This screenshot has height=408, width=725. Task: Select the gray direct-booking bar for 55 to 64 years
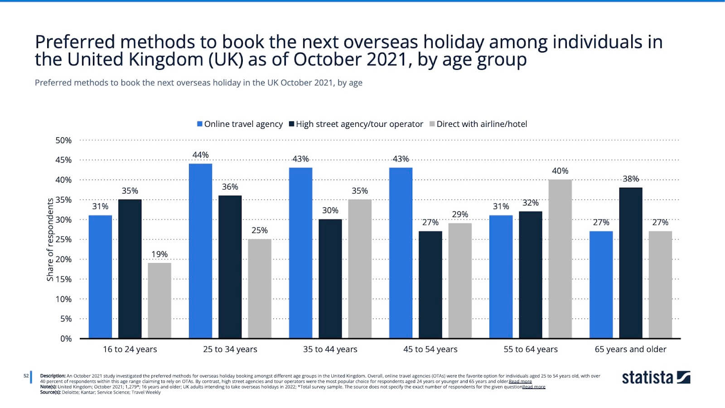(560, 259)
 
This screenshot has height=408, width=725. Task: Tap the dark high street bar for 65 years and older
(630, 263)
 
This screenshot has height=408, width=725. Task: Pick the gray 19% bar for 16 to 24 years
(159, 301)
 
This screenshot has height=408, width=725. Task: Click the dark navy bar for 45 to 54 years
(430, 285)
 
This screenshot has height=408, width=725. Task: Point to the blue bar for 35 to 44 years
(300, 253)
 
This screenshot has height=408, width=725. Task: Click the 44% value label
(200, 155)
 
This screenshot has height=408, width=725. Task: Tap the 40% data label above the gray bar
(560, 171)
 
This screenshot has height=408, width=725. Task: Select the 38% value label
(630, 179)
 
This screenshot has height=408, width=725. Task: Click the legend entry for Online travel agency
(240, 124)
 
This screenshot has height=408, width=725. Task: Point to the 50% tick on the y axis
(63, 141)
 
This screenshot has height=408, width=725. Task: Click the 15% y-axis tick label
(63, 279)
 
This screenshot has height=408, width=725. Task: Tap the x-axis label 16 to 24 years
(130, 350)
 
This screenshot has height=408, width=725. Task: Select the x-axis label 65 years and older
(630, 350)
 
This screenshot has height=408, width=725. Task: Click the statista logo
(656, 378)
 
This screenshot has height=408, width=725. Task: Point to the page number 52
(26, 376)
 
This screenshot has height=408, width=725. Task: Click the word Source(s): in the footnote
(50, 392)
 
